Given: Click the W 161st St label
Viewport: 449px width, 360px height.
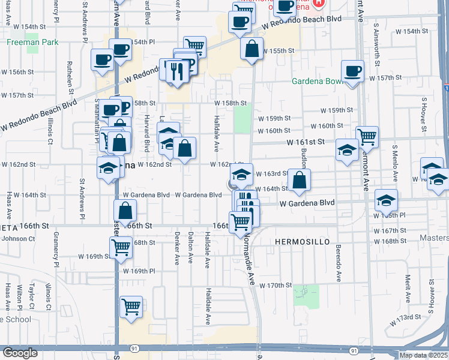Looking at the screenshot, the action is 305,142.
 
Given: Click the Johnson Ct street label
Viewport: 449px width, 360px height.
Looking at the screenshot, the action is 19,238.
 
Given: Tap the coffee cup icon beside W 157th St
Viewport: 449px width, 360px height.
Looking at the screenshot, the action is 352,71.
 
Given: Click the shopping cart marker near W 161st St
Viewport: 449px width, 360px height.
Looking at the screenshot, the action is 366,136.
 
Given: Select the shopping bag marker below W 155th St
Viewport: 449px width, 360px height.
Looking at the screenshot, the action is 252,48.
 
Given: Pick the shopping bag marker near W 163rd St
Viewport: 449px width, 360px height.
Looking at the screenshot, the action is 299,179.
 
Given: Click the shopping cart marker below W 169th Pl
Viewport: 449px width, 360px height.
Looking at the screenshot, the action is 131,307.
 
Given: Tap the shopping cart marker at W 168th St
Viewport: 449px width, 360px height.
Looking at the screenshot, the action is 121,246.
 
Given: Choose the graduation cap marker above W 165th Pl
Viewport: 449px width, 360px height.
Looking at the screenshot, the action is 386,200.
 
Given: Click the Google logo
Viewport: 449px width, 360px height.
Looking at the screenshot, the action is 20,353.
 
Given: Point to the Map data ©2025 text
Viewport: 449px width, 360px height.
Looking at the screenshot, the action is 423,355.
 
